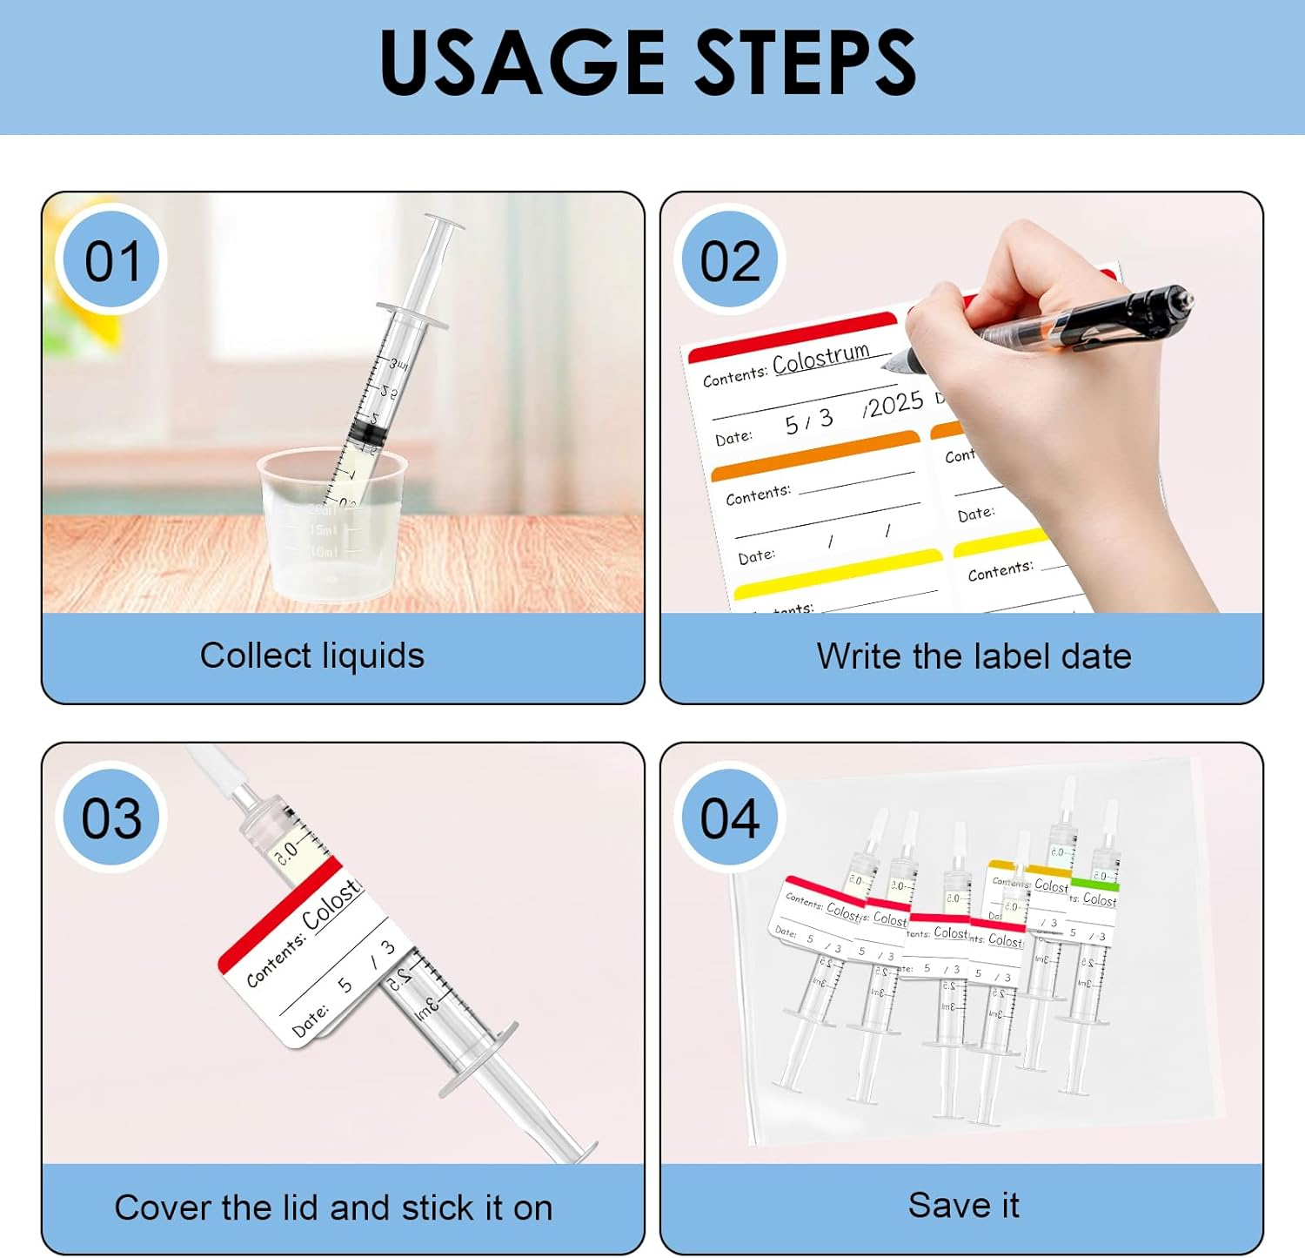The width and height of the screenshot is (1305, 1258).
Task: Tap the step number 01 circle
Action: tap(111, 261)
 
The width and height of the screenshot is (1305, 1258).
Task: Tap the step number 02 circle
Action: tap(730, 261)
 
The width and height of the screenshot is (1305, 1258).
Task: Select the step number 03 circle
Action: tap(111, 818)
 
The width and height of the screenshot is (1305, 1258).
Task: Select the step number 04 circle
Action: tap(730, 818)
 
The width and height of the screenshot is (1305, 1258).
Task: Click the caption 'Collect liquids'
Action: tap(312, 656)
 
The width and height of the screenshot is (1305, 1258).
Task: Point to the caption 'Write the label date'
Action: tap(974, 656)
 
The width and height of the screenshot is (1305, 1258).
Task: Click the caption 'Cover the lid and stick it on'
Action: tap(333, 1208)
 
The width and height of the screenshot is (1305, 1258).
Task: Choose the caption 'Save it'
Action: tap(963, 1206)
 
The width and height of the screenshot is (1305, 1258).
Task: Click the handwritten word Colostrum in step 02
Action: tap(820, 358)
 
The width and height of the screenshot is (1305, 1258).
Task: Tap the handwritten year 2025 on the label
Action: tap(894, 405)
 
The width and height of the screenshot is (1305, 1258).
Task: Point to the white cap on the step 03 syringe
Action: tap(213, 764)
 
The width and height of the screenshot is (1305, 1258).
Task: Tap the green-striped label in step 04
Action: tap(1094, 897)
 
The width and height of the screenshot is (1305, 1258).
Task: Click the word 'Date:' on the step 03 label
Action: tap(310, 1022)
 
